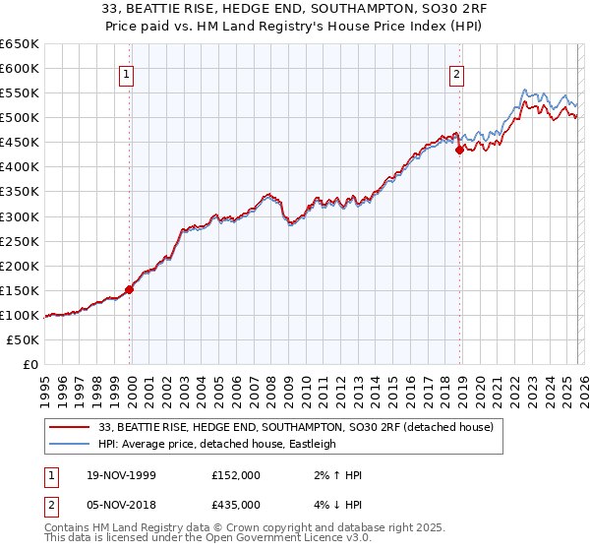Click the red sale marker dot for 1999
129,289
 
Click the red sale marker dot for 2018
459,150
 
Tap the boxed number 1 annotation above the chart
129,72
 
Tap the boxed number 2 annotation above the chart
458,72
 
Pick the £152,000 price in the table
236,475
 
